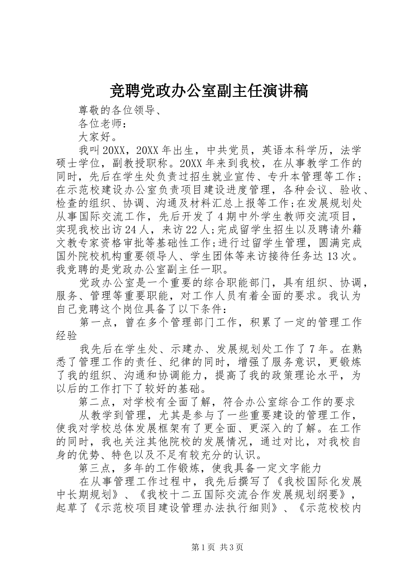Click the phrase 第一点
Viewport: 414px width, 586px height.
tap(96, 322)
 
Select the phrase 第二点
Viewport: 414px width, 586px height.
tap(96, 402)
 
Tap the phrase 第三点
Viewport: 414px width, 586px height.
tap(96, 468)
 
